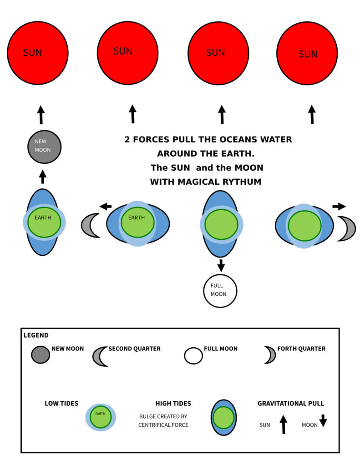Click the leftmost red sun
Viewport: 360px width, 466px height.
37,53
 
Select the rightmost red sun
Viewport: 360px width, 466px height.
307,53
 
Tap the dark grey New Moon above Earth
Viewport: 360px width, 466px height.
44,147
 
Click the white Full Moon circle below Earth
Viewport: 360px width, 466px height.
220,291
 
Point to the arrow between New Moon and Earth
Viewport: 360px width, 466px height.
43,177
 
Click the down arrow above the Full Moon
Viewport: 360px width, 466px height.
221,265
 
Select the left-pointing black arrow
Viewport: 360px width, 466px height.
106,207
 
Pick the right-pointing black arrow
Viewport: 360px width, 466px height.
339,206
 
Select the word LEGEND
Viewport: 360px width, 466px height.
36,335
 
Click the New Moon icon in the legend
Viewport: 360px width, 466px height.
41,355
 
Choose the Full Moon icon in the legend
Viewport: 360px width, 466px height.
193,355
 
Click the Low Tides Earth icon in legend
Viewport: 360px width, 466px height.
101,417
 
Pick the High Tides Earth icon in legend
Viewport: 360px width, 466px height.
223,417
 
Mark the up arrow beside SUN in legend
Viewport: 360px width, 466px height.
283,424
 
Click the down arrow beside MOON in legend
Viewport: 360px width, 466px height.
323,421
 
